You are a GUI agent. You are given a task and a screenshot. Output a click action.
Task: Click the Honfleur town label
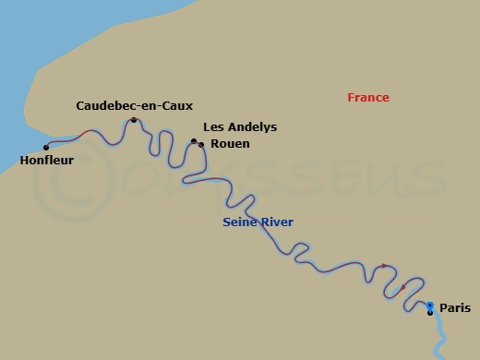point(46,159)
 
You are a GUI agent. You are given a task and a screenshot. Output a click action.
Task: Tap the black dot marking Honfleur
point(46,147)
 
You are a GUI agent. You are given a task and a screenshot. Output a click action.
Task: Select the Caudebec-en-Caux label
point(134,106)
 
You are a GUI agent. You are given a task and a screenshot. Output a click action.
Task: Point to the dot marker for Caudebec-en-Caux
point(134,120)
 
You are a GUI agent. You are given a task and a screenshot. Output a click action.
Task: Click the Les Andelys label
point(239,127)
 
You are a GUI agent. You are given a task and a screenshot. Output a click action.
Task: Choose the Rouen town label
point(230,144)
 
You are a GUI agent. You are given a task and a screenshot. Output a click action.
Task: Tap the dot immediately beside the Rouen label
point(201,144)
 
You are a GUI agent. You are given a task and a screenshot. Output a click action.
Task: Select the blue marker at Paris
point(430,306)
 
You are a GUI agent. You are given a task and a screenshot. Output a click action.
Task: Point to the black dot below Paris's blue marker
point(430,313)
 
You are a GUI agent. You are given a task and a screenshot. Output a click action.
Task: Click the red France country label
point(368,98)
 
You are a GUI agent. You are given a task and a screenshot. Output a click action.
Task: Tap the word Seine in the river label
point(239,222)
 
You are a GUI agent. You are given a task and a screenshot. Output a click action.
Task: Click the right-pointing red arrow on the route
point(385,266)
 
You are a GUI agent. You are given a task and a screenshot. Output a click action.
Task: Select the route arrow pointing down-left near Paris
point(403,287)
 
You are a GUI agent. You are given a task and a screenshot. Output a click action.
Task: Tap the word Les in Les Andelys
point(210,127)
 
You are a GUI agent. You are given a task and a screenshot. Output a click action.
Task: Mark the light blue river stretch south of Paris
point(438,337)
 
